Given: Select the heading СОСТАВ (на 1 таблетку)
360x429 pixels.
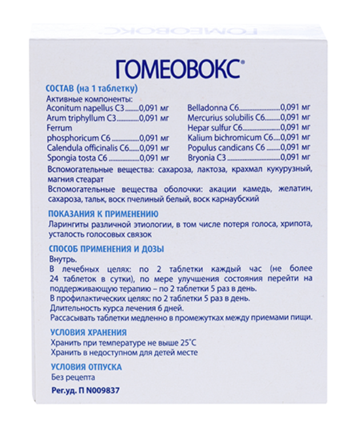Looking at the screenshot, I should pos(91,89).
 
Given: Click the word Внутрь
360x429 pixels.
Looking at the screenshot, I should pos(61,259).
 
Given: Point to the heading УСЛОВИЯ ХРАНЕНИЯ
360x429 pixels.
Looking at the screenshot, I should pos(89,332).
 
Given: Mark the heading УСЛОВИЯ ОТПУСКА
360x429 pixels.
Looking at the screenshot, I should pos(86,367).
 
